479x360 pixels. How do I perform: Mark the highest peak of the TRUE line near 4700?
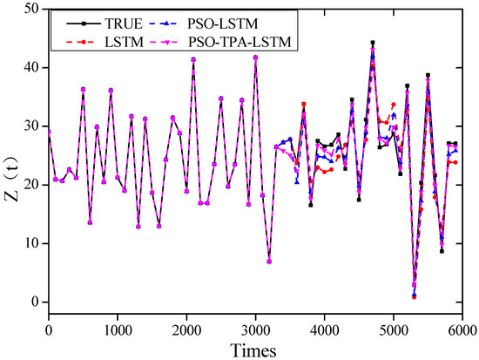(373, 42)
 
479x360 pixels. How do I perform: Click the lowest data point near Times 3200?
(269, 262)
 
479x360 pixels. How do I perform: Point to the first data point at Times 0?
(49, 131)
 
